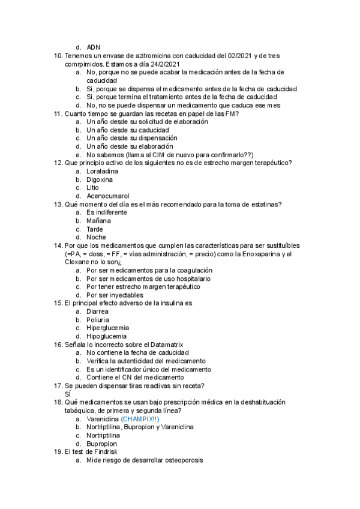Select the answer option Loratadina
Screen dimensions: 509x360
[102, 171]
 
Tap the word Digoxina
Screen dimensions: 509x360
[100, 179]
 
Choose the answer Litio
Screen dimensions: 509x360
[92, 187]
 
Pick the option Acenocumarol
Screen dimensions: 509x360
[107, 196]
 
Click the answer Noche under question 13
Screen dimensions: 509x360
[96, 237]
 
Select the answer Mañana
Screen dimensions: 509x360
[98, 220]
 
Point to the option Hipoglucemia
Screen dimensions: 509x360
[106, 336]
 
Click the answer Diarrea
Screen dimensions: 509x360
[98, 312]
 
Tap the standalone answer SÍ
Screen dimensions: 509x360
[67, 394]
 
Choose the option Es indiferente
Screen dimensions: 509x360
[107, 212]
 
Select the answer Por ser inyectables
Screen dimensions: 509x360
[115, 295]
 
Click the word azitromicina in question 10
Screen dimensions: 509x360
[144, 56]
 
